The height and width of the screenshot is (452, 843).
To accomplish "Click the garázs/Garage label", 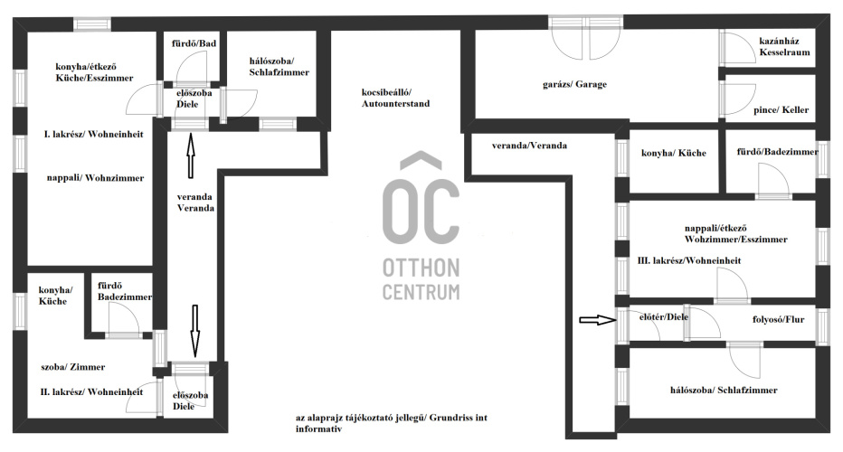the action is (574, 84).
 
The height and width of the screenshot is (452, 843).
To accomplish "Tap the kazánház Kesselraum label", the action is (784, 47).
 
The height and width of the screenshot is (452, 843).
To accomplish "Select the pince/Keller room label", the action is (781, 109).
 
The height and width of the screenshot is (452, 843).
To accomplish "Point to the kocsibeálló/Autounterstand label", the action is (395, 99).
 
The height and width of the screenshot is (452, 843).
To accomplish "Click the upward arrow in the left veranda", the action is (190, 155).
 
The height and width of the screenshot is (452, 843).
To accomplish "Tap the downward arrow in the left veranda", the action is (195, 331).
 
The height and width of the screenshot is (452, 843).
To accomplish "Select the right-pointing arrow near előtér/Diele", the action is (597, 320).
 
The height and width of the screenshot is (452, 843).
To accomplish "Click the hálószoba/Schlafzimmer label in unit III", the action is (724, 391).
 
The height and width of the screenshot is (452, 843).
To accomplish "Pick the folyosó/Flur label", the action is (778, 320).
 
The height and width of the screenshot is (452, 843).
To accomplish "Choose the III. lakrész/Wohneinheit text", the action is (689, 260).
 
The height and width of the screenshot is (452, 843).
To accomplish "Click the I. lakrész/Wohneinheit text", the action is (93, 135).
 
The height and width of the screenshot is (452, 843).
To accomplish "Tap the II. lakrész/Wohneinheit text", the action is (91, 392).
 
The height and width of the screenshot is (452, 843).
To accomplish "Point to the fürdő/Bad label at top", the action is (194, 43).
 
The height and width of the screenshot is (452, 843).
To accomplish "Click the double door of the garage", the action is (586, 39).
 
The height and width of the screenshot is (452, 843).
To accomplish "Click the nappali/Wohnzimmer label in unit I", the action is (95, 178).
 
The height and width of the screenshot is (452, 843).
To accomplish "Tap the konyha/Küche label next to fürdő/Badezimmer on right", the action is (674, 153).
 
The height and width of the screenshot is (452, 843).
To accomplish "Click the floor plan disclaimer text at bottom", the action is (392, 423).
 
